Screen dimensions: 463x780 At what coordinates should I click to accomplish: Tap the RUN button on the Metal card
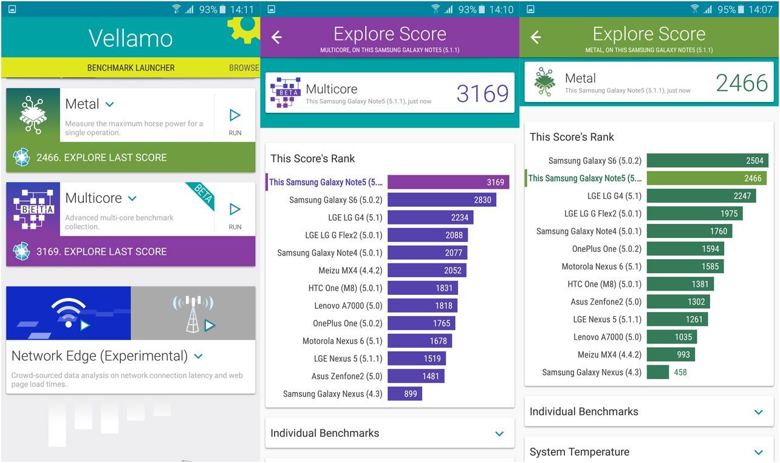click(x=235, y=120)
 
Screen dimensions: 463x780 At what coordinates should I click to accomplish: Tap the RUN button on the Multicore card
click(x=235, y=214)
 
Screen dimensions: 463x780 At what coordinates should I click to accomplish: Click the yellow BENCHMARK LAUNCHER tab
click(x=131, y=68)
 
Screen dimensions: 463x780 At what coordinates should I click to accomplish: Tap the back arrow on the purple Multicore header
click(x=276, y=38)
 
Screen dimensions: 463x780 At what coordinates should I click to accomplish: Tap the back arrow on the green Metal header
click(x=536, y=38)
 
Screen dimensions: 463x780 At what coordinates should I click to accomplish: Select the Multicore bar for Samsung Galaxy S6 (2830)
click(x=442, y=200)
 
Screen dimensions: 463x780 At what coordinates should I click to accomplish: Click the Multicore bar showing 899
click(x=405, y=394)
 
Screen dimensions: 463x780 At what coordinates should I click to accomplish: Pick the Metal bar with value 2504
click(x=707, y=161)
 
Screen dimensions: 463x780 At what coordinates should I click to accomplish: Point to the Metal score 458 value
click(x=680, y=372)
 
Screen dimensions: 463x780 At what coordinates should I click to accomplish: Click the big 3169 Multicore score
click(x=482, y=93)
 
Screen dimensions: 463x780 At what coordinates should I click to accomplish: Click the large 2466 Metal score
click(x=742, y=83)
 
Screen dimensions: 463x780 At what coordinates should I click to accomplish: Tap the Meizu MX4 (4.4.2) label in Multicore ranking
click(x=350, y=271)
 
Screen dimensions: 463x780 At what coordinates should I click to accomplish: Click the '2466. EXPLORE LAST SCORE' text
click(x=101, y=158)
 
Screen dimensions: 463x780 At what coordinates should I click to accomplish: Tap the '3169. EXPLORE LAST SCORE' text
click(x=101, y=252)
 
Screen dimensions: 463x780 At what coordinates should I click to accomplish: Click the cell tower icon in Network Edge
click(x=193, y=313)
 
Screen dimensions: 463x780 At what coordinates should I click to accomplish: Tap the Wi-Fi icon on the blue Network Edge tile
click(x=69, y=313)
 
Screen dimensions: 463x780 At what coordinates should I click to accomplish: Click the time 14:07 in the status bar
click(x=761, y=10)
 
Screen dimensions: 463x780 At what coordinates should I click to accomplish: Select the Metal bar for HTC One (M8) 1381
click(x=680, y=284)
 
